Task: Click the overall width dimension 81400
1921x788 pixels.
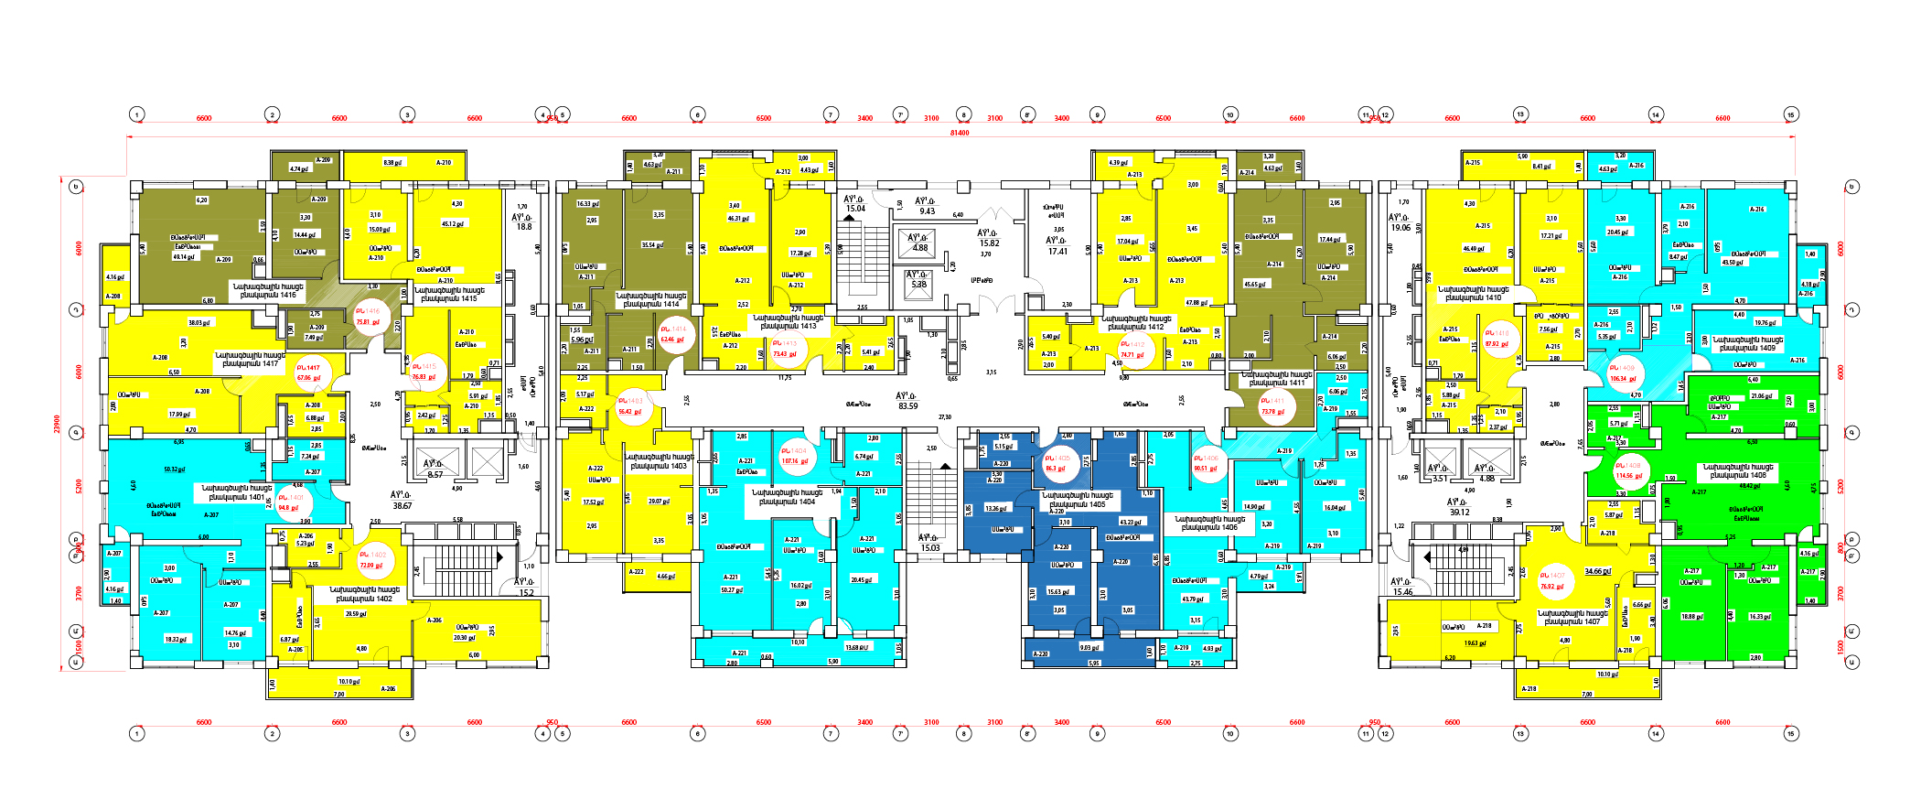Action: click(x=959, y=133)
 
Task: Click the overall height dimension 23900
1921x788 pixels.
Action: click(x=57, y=425)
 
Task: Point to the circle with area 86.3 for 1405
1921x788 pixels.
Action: click(x=1057, y=463)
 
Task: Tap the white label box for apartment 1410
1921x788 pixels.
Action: click(x=1474, y=293)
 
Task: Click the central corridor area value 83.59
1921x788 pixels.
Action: click(x=907, y=405)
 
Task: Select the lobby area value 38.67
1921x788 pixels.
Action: click(x=402, y=505)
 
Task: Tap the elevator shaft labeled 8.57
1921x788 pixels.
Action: click(x=435, y=474)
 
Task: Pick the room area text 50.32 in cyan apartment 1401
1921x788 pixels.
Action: click(x=174, y=470)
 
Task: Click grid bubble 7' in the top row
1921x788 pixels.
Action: click(x=900, y=114)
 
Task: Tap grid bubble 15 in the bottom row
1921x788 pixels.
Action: click(x=1791, y=733)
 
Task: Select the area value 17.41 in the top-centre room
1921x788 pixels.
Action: click(x=1057, y=251)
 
